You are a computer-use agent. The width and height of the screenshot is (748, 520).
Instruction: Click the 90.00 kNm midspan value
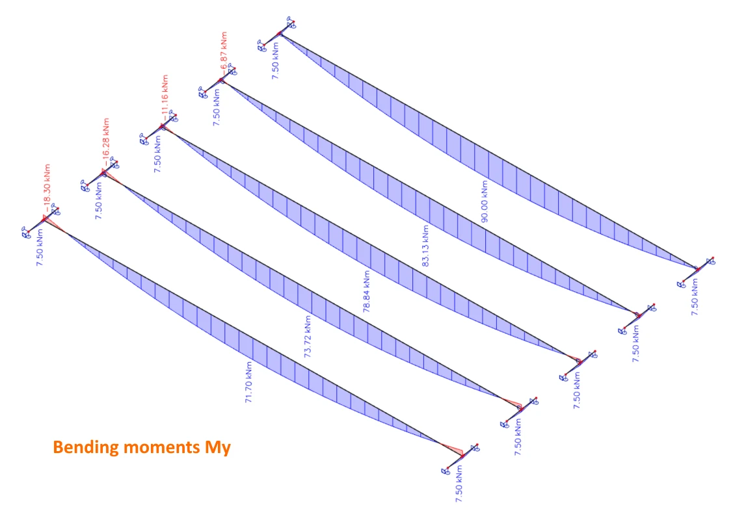point(485,201)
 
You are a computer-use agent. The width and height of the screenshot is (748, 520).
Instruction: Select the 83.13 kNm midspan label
point(425,246)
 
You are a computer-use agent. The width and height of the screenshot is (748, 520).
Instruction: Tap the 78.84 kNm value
point(367,292)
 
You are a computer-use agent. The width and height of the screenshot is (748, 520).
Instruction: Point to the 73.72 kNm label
point(308,337)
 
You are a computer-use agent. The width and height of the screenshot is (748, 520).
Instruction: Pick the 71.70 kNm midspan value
point(248,382)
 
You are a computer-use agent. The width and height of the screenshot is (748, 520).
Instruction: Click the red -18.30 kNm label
point(47,188)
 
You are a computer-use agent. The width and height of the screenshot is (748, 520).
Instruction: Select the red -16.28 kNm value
point(106,142)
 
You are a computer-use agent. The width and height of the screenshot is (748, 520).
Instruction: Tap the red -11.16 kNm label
point(165,97)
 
